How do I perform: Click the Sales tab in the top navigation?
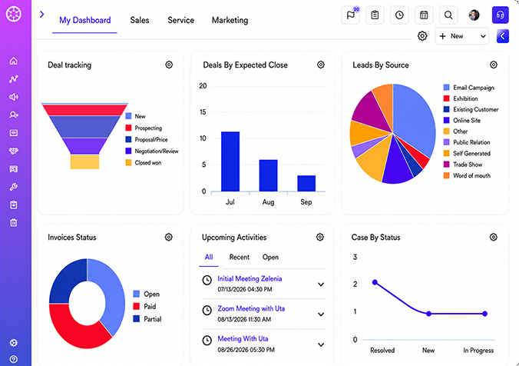pyautogui.click(x=140, y=20)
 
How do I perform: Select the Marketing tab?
pyautogui.click(x=230, y=20)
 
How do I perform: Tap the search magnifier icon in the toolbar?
pyautogui.click(x=448, y=15)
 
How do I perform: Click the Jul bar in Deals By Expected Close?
pyautogui.click(x=230, y=161)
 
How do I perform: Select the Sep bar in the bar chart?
pyautogui.click(x=306, y=183)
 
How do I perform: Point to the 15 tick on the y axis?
pyautogui.click(x=203, y=112)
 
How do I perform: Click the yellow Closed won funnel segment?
pyautogui.click(x=84, y=161)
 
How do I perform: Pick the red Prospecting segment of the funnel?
pyautogui.click(x=84, y=110)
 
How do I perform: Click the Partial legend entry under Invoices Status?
pyautogui.click(x=147, y=319)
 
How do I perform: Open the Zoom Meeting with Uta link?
pyautogui.click(x=251, y=308)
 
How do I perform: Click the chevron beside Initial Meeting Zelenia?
pyautogui.click(x=321, y=284)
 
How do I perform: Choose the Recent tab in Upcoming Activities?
pyautogui.click(x=240, y=258)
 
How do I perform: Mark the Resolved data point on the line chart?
pyautogui.click(x=375, y=282)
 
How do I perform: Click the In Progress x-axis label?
pyautogui.click(x=478, y=351)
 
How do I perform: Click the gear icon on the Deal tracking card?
pyautogui.click(x=169, y=65)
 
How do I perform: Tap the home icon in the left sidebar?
pyautogui.click(x=14, y=61)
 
